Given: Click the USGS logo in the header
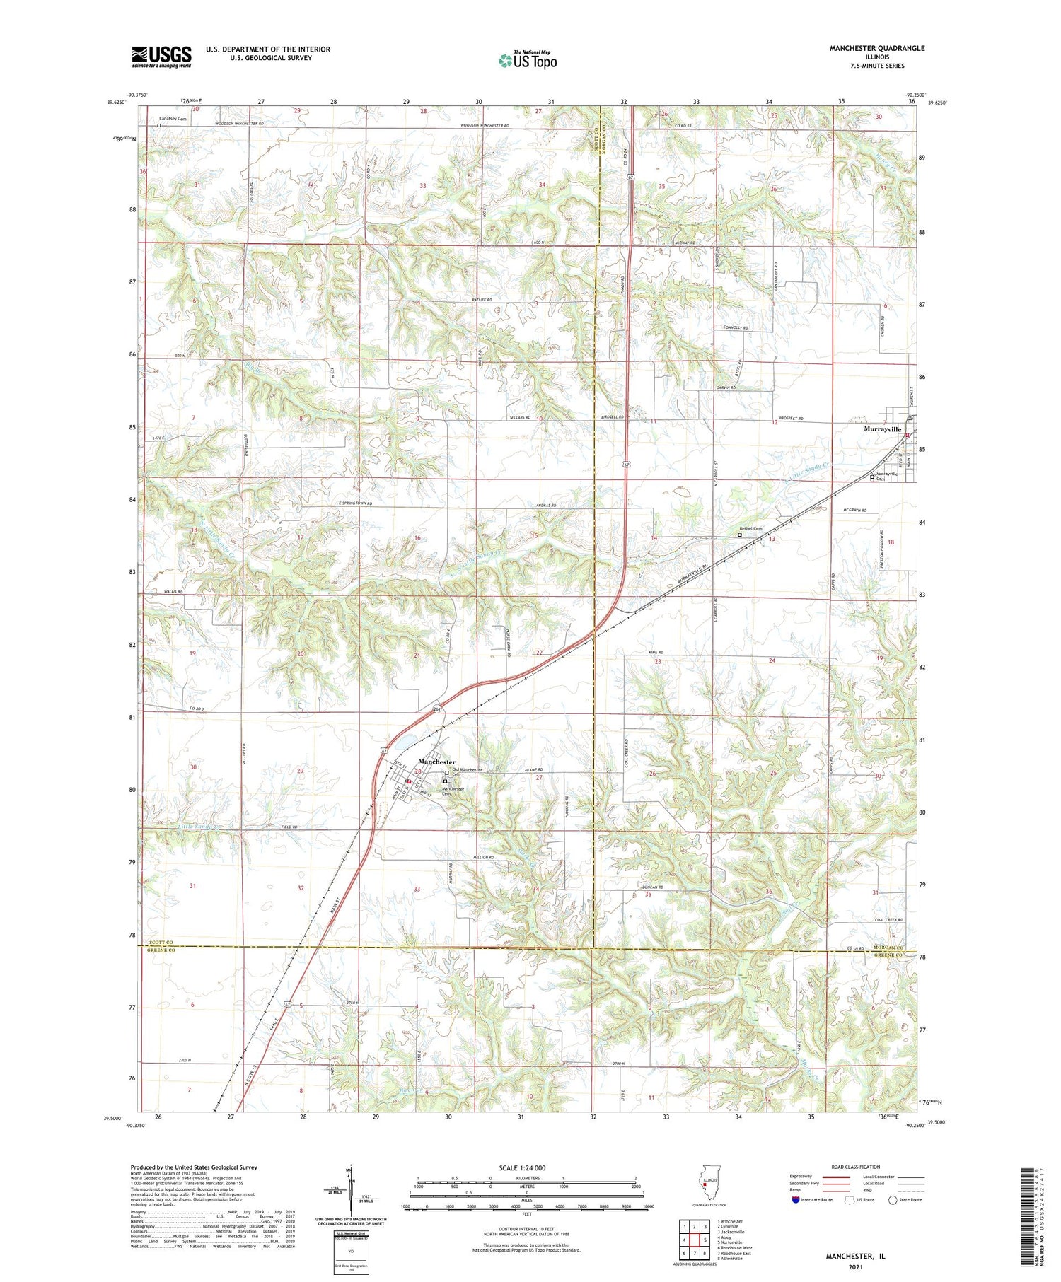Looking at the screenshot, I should tap(161, 57).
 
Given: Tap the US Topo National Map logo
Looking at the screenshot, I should tap(527, 61).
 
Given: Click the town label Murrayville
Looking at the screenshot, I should tap(881, 429).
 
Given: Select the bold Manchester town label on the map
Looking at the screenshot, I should tap(436, 762).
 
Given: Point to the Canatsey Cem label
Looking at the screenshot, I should tap(173, 119).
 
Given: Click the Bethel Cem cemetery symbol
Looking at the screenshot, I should tap(740, 535).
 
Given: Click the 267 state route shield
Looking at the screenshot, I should tap(436, 709).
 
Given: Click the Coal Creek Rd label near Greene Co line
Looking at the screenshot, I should tap(890, 919).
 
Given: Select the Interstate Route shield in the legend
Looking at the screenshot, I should tap(795, 1199).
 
